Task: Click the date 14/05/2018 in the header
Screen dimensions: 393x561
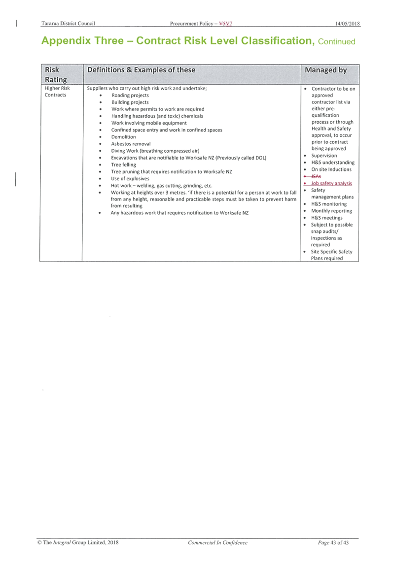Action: [x=348, y=24]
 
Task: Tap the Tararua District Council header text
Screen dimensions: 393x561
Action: [x=68, y=24]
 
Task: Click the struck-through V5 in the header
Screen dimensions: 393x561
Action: [x=222, y=24]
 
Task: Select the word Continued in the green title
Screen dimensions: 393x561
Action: [x=336, y=41]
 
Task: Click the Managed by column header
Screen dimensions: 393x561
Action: [x=325, y=70]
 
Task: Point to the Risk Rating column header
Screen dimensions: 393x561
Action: [x=56, y=75]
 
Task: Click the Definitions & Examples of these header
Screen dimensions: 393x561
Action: [x=141, y=70]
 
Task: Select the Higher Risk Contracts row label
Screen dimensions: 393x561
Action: [x=57, y=92]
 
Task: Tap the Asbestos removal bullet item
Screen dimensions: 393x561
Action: [x=131, y=144]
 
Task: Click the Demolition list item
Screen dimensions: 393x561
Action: [x=123, y=137]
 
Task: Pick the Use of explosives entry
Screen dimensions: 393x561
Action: [x=130, y=178]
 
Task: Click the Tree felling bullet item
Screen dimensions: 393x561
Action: [x=124, y=165]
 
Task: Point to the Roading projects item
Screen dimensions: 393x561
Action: [x=130, y=95]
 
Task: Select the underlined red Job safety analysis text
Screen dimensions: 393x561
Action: [x=331, y=183]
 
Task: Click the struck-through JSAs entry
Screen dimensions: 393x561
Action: [x=316, y=176]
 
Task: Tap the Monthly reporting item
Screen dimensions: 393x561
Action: [x=331, y=211]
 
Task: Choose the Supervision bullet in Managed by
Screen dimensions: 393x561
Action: [x=324, y=156]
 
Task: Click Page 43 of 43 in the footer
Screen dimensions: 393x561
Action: [x=333, y=542]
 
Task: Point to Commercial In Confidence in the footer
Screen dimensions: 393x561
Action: [x=217, y=542]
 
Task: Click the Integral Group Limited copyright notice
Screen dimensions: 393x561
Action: [x=78, y=542]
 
